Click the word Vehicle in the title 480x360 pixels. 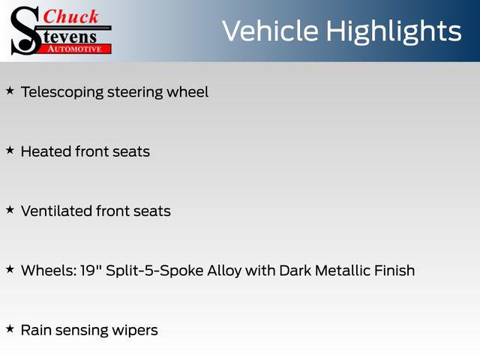[270, 31]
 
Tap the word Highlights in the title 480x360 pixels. [394, 32]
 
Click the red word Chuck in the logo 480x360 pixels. [70, 16]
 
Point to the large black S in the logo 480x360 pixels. [25, 31]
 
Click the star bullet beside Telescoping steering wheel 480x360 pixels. [10, 91]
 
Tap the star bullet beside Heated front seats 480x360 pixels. [10, 150]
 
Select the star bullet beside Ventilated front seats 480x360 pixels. [10, 210]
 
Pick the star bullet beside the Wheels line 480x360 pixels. [10, 269]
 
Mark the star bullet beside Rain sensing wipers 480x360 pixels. [10, 329]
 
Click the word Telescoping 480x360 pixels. [62, 92]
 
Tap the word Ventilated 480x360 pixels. [57, 211]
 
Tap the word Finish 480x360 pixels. [388, 270]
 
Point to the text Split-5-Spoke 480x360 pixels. [154, 271]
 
